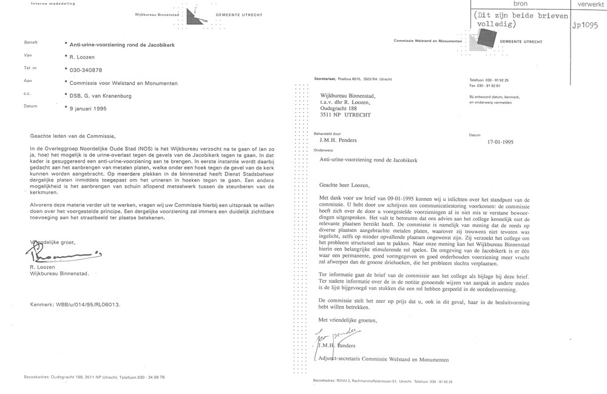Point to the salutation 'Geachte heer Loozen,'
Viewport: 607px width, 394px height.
[x=349, y=185]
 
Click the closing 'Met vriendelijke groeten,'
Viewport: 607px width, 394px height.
[x=353, y=319]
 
